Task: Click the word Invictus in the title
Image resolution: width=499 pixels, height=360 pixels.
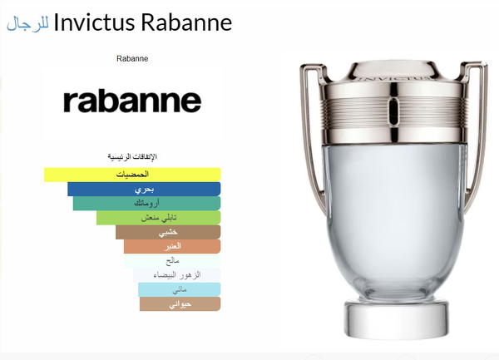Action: (94, 22)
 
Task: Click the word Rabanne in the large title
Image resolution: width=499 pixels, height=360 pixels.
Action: (186, 22)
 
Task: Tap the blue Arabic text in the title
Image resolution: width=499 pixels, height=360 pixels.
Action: (28, 24)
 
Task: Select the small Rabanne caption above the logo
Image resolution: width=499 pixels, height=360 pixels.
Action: (132, 58)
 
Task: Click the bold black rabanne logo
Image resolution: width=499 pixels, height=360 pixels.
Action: (132, 101)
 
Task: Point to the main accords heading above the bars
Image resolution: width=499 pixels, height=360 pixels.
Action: (132, 157)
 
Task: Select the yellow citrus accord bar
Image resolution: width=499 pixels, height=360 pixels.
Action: (132, 175)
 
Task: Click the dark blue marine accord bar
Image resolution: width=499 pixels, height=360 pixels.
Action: (144, 190)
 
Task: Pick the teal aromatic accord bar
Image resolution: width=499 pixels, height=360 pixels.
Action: (146, 204)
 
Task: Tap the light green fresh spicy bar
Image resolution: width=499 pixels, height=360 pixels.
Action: (159, 218)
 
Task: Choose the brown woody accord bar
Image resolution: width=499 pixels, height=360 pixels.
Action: (168, 232)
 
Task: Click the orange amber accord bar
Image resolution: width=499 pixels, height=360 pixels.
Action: (172, 246)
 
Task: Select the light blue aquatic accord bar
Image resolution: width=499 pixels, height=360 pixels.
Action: (180, 289)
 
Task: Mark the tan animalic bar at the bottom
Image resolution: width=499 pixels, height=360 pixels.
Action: (180, 304)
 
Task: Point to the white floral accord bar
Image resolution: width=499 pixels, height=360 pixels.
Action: (177, 275)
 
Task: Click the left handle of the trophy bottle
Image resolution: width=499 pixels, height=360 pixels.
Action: (309, 134)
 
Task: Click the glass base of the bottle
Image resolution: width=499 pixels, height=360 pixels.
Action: (397, 320)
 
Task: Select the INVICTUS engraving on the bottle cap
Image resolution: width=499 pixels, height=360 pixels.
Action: (393, 77)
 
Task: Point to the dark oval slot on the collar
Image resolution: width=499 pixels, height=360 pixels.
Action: (393, 109)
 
